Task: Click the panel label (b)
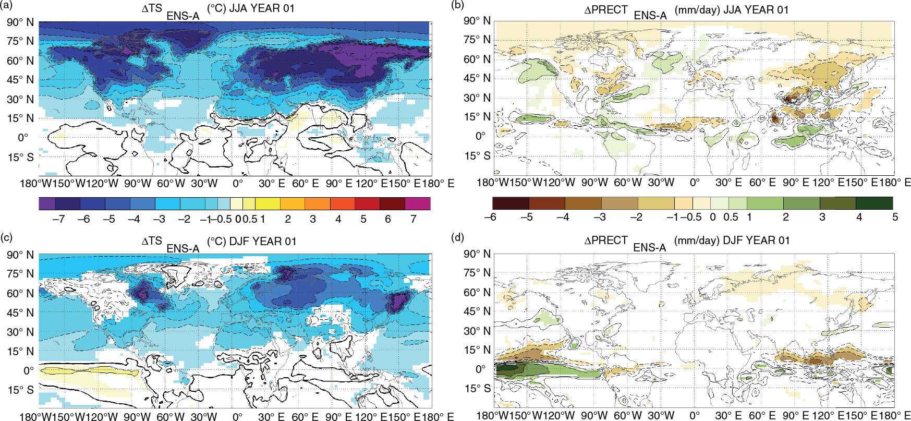pyautogui.click(x=457, y=5)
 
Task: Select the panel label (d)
pyautogui.click(x=457, y=238)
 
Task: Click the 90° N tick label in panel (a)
pyautogui.click(x=20, y=22)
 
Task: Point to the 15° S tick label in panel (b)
pyautogui.click(x=477, y=156)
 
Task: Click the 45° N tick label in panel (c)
pyautogui.click(x=20, y=312)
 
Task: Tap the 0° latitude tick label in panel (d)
pyautogui.click(x=481, y=369)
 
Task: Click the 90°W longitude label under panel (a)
pyautogui.click(x=138, y=183)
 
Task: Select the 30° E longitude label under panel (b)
pyautogui.click(x=728, y=183)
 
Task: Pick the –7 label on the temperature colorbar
pyautogui.click(x=58, y=219)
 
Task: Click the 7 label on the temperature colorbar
pyautogui.click(x=414, y=219)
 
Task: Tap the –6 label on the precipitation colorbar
pyautogui.click(x=490, y=216)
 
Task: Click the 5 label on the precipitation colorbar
pyautogui.click(x=895, y=216)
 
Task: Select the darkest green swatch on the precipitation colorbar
pyautogui.click(x=874, y=203)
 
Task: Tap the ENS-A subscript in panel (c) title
pyautogui.click(x=183, y=248)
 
